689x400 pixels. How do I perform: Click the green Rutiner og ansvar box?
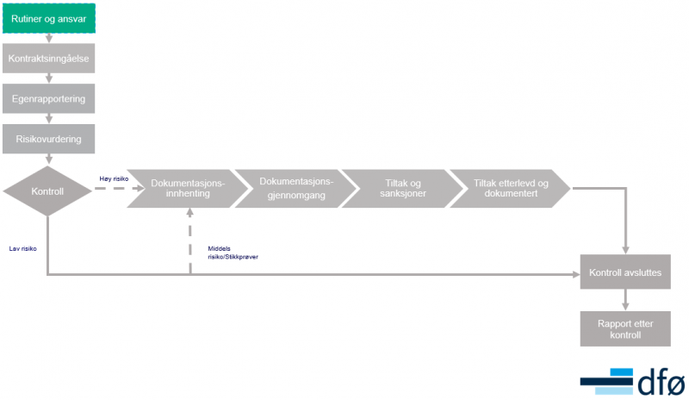click(x=49, y=18)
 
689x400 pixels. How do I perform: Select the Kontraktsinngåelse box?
click(x=49, y=58)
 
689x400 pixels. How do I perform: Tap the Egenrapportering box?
click(x=49, y=98)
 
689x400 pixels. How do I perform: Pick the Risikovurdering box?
click(x=49, y=139)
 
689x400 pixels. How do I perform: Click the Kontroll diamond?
click(x=47, y=191)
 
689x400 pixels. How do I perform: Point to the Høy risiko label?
click(x=114, y=178)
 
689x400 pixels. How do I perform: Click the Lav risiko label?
click(x=23, y=248)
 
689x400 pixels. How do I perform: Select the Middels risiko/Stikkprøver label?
click(x=233, y=253)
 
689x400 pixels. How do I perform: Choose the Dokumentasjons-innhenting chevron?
click(x=188, y=188)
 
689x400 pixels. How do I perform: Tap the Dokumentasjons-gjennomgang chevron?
click(x=296, y=188)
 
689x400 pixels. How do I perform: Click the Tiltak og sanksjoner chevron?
click(x=403, y=188)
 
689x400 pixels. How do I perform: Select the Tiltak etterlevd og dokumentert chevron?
click(x=511, y=188)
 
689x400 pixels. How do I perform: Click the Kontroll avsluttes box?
click(x=625, y=272)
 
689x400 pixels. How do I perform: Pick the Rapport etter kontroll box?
click(x=625, y=328)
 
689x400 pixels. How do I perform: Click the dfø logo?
click(x=633, y=382)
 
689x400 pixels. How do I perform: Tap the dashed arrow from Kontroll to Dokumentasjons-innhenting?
click(x=120, y=188)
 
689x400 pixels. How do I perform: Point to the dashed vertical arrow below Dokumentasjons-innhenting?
click(x=189, y=241)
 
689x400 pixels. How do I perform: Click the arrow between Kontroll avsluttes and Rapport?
click(x=625, y=300)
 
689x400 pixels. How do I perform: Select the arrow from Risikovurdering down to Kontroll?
click(x=49, y=159)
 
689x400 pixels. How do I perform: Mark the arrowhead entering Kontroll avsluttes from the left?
click(x=576, y=275)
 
